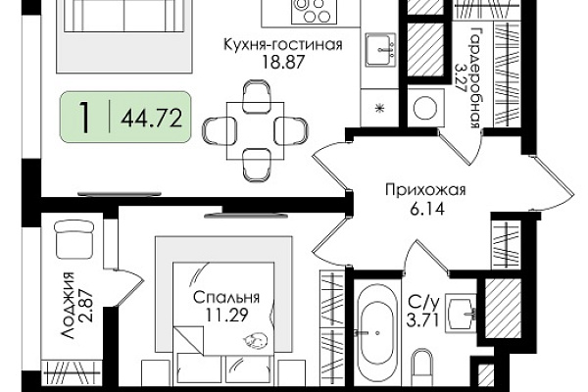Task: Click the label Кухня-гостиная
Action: coord(283,44)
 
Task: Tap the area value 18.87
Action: coord(283,62)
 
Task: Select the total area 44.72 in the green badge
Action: coord(152,119)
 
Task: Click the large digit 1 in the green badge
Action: coord(85,117)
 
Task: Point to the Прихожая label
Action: coord(425,190)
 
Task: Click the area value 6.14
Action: coord(426,208)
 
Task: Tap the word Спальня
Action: coord(226,298)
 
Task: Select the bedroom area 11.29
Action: coord(226,315)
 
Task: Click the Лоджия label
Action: coord(68,306)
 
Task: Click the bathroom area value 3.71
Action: coord(423,320)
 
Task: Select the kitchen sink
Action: coord(380,50)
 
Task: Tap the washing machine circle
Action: coord(425,108)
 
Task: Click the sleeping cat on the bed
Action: coord(255,340)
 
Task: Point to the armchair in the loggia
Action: coord(73,239)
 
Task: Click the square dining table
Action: coord(255,131)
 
